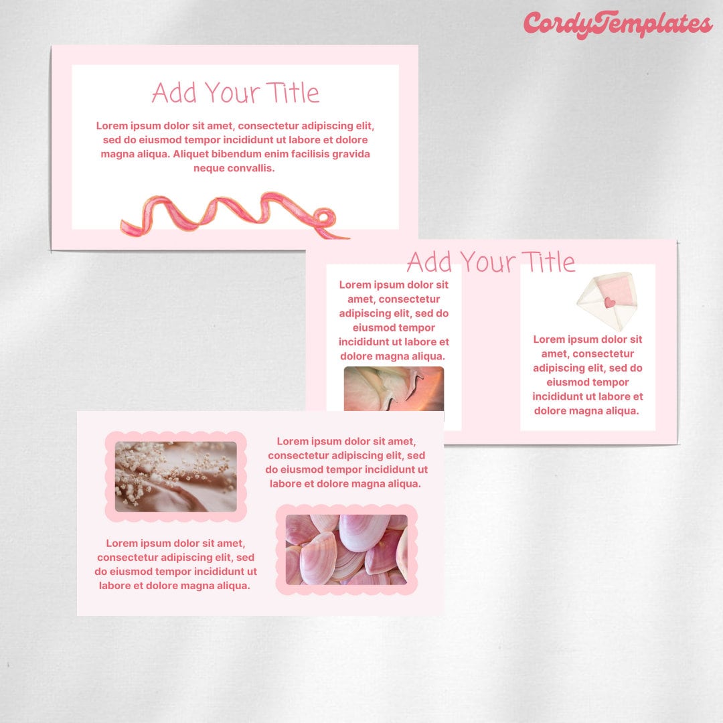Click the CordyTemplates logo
click(x=618, y=25)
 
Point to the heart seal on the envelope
click(x=609, y=303)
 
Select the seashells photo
click(x=346, y=549)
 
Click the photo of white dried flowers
click(x=175, y=476)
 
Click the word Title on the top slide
click(x=292, y=92)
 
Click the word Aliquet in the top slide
click(x=193, y=154)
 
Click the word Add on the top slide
click(x=174, y=92)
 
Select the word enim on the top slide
click(x=276, y=154)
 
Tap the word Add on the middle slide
click(x=429, y=261)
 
